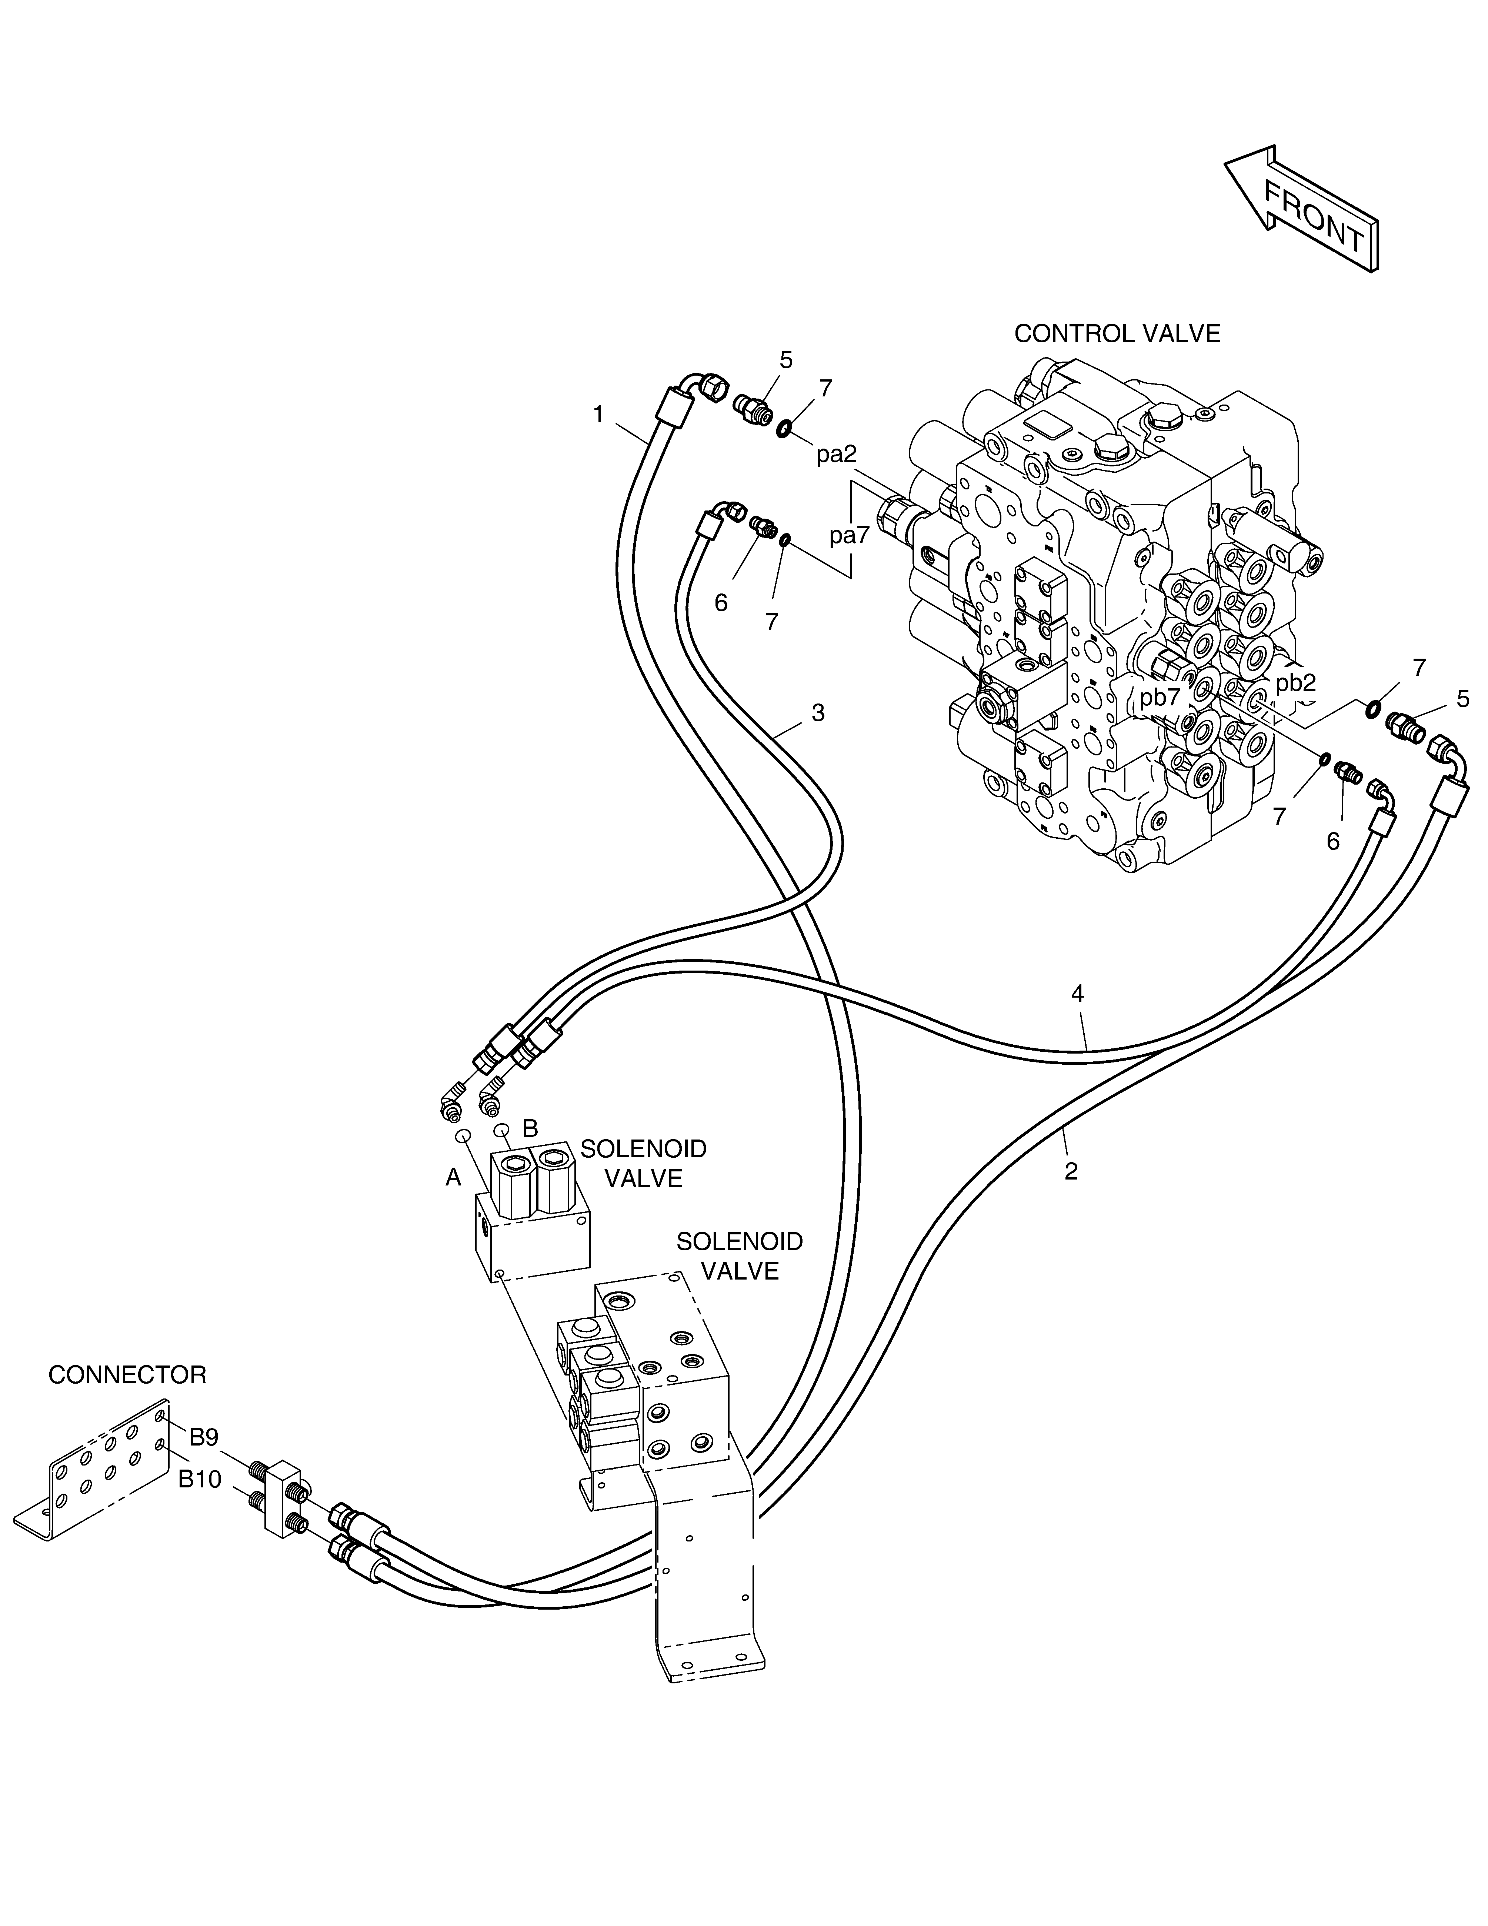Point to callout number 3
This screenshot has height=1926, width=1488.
(x=818, y=712)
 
